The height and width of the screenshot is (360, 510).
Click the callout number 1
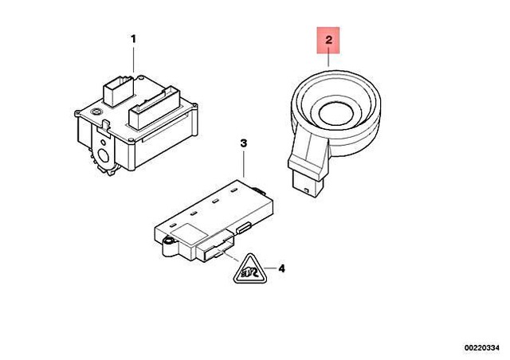[133, 39]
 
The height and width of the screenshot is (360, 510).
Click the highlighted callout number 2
[328, 40]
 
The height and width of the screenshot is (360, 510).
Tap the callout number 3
[244, 143]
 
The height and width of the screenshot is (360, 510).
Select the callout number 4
[281, 268]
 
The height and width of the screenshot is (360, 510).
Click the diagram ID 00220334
[481, 348]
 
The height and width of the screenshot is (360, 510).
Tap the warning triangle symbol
[250, 269]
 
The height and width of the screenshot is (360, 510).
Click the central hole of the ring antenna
[336, 114]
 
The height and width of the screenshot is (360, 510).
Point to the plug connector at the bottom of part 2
[305, 185]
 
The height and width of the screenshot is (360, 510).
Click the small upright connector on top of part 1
[119, 91]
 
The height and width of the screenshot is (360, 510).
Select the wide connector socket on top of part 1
[154, 108]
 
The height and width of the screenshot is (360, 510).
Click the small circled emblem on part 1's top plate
[96, 112]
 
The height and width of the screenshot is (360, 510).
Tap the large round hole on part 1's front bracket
[104, 156]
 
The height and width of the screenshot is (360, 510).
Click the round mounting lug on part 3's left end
[169, 242]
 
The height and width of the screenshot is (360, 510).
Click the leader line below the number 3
[244, 163]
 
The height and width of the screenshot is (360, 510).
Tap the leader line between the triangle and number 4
[270, 268]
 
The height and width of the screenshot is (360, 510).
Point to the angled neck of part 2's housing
[309, 150]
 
